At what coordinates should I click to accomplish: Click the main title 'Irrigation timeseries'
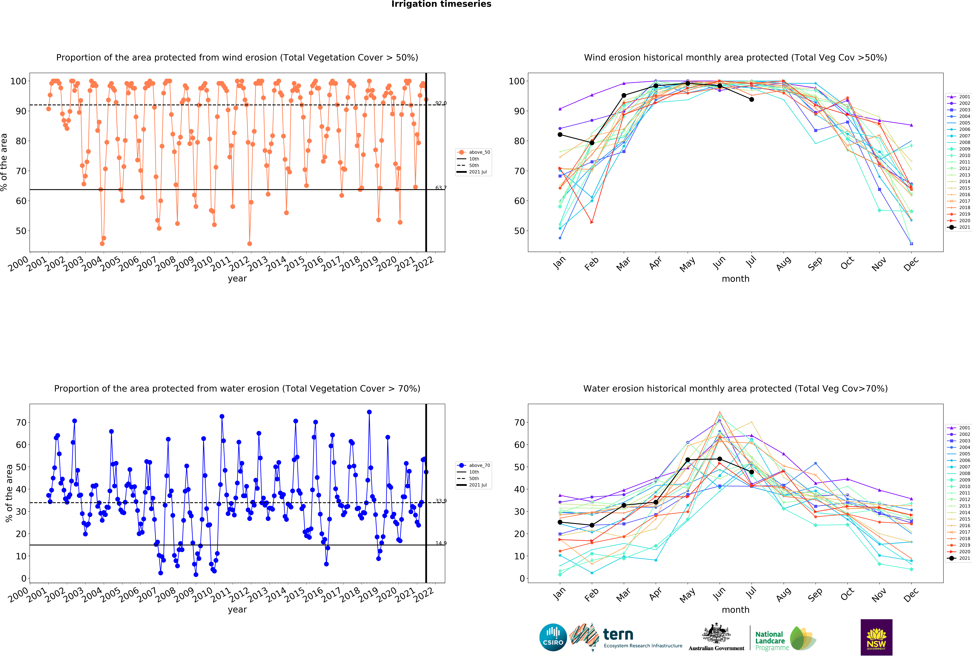click(441, 4)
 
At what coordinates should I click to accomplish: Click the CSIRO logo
click(553, 637)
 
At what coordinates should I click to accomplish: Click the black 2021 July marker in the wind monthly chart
click(752, 100)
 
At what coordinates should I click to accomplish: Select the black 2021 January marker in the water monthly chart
click(560, 522)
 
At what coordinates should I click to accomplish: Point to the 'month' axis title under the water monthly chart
click(735, 610)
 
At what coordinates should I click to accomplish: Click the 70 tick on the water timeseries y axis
click(21, 423)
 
